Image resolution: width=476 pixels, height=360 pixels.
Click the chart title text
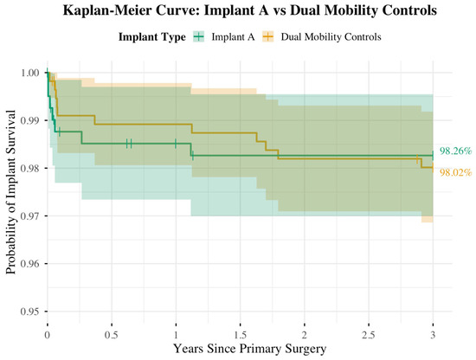(x=239, y=12)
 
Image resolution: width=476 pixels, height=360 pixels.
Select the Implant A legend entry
(x=228, y=36)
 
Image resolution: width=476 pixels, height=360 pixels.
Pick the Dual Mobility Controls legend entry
(x=319, y=36)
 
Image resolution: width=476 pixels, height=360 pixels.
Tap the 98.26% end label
(x=455, y=151)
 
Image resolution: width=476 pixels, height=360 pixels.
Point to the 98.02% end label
(x=455, y=171)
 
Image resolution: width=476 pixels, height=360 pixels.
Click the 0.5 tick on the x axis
(x=112, y=332)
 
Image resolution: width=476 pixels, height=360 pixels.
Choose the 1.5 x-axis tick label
(x=240, y=332)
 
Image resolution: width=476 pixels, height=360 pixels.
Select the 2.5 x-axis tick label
(x=369, y=332)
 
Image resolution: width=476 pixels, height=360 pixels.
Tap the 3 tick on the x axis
(x=433, y=332)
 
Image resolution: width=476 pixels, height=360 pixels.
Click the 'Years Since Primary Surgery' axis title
(x=240, y=348)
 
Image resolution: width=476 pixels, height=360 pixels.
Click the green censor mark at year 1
(x=176, y=144)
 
